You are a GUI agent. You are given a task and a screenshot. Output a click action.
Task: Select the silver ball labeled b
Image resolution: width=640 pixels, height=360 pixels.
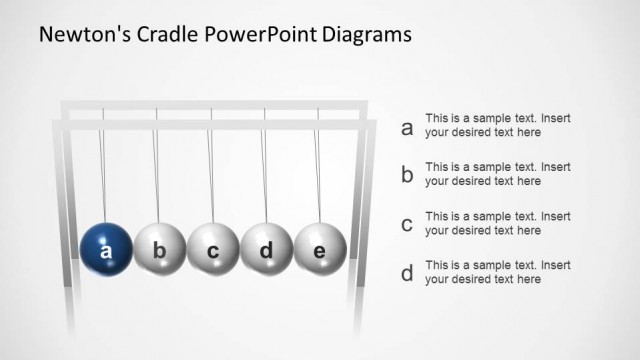[159, 250]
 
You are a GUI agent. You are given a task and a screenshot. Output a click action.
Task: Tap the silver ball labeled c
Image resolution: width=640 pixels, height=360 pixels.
[213, 250]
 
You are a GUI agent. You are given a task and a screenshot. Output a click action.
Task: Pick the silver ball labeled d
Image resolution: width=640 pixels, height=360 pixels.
[267, 250]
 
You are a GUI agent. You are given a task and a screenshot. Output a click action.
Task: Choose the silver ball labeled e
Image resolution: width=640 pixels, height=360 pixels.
[320, 250]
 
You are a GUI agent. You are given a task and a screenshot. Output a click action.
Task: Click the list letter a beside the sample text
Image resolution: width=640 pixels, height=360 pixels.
[407, 128]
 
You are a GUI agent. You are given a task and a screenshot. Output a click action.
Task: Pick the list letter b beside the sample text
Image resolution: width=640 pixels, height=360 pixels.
[407, 176]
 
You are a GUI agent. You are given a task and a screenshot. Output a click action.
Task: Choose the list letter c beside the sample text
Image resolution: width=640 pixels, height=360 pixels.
[407, 224]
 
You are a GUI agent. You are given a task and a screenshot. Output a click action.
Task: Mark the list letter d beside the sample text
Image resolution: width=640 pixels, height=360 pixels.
[407, 273]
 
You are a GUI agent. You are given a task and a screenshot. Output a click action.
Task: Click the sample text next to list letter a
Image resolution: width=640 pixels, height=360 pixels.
[497, 125]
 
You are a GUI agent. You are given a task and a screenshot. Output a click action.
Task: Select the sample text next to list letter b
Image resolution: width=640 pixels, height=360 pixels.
[497, 174]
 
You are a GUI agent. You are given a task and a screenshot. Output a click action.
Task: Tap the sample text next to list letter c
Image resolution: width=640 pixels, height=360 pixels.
[497, 223]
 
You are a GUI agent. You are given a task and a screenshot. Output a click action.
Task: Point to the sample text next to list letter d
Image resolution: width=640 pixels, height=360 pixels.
[497, 272]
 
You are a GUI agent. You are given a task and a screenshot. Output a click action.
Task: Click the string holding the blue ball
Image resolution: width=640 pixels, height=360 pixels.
[103, 170]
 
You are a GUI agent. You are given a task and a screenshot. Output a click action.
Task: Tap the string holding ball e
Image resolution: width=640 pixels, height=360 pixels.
[317, 170]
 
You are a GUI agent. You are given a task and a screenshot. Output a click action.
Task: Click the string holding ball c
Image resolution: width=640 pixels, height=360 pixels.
[210, 170]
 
